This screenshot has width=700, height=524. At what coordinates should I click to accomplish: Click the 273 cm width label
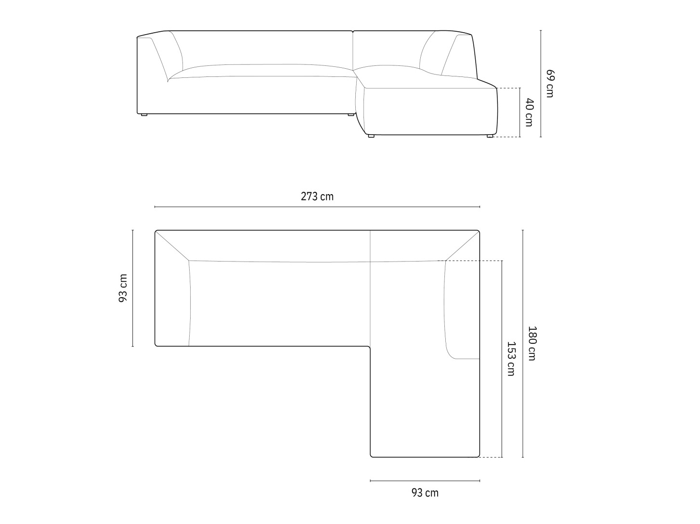(317, 197)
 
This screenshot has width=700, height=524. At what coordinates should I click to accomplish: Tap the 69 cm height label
(550, 83)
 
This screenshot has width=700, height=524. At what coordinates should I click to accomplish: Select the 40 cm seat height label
(529, 112)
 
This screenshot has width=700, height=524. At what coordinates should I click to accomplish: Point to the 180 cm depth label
(532, 344)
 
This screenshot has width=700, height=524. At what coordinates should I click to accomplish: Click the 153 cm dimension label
(511, 359)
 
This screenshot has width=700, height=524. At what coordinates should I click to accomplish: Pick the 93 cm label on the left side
(123, 288)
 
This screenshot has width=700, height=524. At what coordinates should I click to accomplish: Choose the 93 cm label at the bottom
(425, 493)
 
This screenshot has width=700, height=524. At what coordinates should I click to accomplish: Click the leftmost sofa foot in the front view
(144, 114)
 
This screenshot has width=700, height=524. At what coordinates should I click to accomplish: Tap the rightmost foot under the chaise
(490, 136)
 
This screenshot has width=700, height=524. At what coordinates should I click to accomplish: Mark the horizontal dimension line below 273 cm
(317, 207)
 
